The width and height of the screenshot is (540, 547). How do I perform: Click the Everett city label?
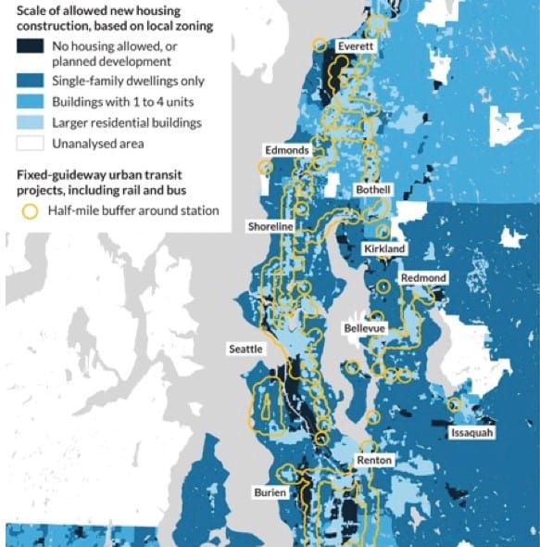[355, 45]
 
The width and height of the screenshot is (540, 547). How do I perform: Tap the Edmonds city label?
[287, 149]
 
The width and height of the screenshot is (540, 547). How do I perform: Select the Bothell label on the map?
[374, 189]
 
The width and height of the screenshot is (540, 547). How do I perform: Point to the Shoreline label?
[270, 226]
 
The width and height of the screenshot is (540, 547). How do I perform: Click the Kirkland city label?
[383, 249]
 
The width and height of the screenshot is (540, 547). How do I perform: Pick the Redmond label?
[423, 278]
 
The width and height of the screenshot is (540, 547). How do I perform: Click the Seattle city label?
[246, 350]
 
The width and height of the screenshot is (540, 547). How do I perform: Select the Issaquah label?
[472, 433]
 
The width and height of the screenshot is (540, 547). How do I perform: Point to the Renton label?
[374, 461]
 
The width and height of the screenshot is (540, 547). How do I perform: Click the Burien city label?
[270, 492]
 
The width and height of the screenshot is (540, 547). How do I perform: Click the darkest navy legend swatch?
[30, 53]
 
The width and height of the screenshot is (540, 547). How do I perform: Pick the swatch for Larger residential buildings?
[30, 122]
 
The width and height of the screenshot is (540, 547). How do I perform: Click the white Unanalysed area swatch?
[30, 143]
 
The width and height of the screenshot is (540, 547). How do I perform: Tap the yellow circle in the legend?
[30, 210]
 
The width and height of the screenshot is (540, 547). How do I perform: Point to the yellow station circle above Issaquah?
[454, 405]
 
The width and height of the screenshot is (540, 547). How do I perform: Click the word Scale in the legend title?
[31, 10]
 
